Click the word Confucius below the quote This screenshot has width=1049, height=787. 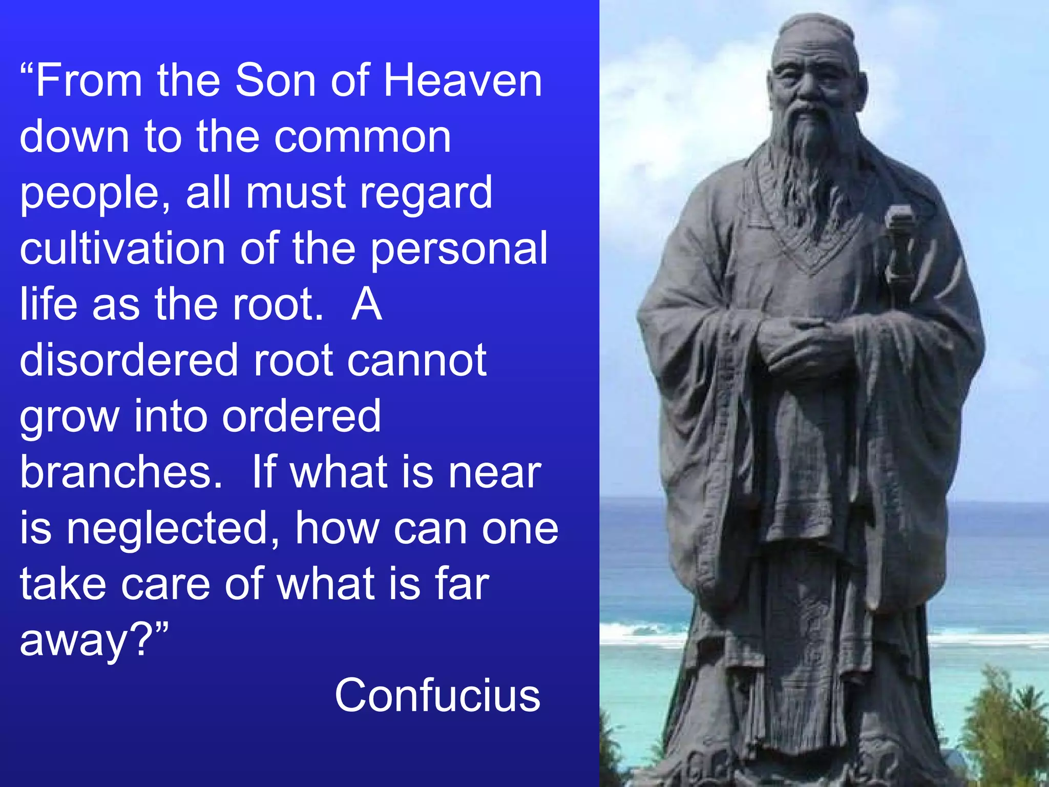(437, 695)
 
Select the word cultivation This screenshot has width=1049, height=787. (122, 248)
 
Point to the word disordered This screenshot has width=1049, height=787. (129, 360)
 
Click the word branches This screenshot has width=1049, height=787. (121, 472)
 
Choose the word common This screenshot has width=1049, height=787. (362, 137)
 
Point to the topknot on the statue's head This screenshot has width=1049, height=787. (814, 23)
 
